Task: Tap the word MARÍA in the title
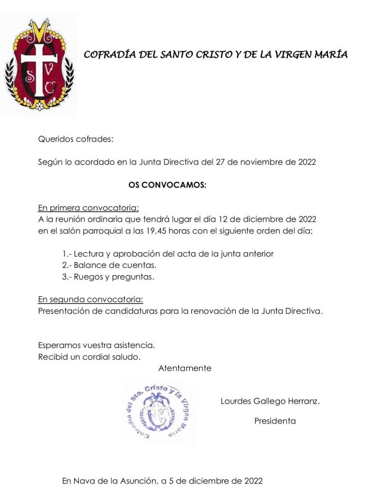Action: [331, 55]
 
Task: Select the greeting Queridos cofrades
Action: [76, 140]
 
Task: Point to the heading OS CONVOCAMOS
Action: [167, 185]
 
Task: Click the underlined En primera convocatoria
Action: [88, 208]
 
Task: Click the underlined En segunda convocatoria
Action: [90, 300]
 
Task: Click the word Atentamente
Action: [184, 368]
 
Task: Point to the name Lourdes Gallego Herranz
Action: [270, 401]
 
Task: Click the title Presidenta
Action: [275, 421]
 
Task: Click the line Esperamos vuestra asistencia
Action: [96, 346]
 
